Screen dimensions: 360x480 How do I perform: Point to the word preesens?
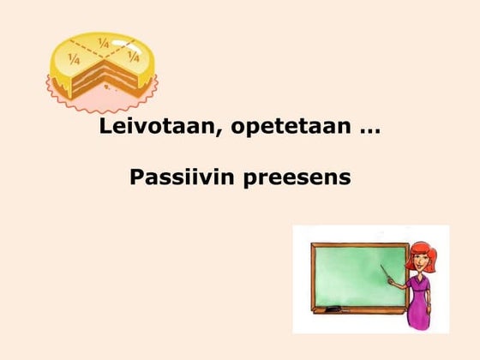click(x=302, y=180)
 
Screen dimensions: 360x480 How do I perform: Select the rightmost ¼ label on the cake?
click(x=133, y=57)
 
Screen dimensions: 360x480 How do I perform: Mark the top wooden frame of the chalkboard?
click(x=360, y=244)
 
